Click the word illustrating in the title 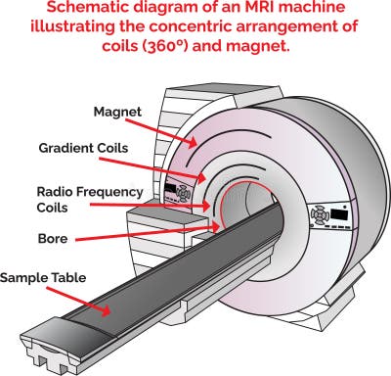click(85, 29)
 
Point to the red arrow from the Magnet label click(176, 130)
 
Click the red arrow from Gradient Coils click(176, 166)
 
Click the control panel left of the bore click(183, 192)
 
